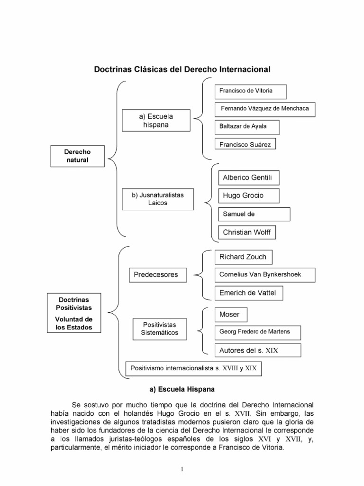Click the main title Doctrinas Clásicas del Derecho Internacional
pos(182,69)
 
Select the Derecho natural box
pos(77,156)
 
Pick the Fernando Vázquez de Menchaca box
pos(265,109)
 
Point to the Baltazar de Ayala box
pos(246,127)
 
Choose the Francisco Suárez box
pos(245,144)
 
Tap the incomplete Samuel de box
pos(254,214)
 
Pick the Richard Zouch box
pos(243,257)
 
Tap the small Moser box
pos(230,315)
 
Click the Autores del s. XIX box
pos(258,350)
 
